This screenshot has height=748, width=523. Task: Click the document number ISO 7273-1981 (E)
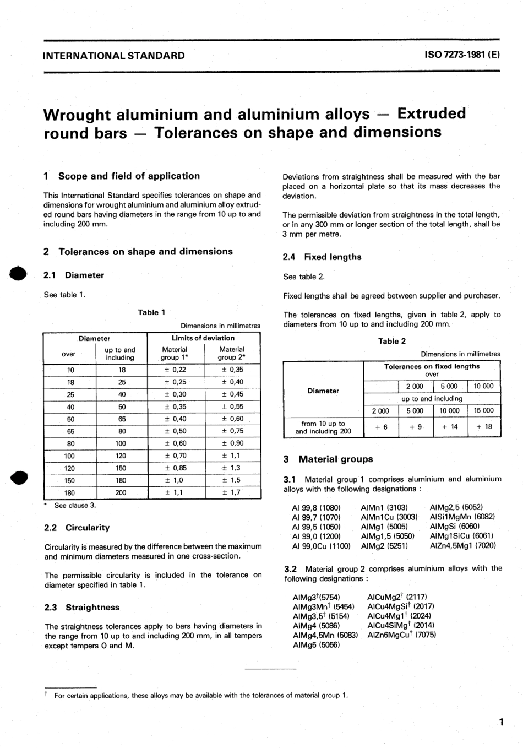[461, 56]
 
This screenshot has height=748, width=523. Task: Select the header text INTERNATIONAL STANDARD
[114, 56]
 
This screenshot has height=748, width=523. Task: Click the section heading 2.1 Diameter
[74, 275]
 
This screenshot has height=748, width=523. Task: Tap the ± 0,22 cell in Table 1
[176, 370]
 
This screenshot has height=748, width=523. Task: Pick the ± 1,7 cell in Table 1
[231, 492]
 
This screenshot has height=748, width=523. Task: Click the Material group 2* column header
[231, 353]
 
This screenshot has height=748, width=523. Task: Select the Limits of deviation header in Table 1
[203, 338]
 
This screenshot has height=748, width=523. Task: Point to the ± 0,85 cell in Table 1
[176, 468]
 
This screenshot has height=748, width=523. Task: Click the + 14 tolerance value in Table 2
[450, 427]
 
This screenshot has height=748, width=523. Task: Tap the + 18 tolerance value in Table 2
[484, 427]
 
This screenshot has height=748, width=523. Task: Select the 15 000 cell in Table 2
[484, 411]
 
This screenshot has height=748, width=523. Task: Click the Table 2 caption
[391, 342]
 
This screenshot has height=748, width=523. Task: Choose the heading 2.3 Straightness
[81, 608]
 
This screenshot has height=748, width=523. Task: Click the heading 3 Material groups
[328, 459]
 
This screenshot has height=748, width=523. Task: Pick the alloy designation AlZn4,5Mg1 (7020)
[462, 546]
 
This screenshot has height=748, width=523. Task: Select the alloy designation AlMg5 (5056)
[316, 644]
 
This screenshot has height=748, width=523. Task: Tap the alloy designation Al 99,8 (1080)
[316, 508]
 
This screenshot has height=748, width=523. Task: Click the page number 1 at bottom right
[500, 722]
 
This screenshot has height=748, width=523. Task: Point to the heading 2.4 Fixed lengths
[322, 257]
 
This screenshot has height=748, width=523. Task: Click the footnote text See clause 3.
[75, 506]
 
